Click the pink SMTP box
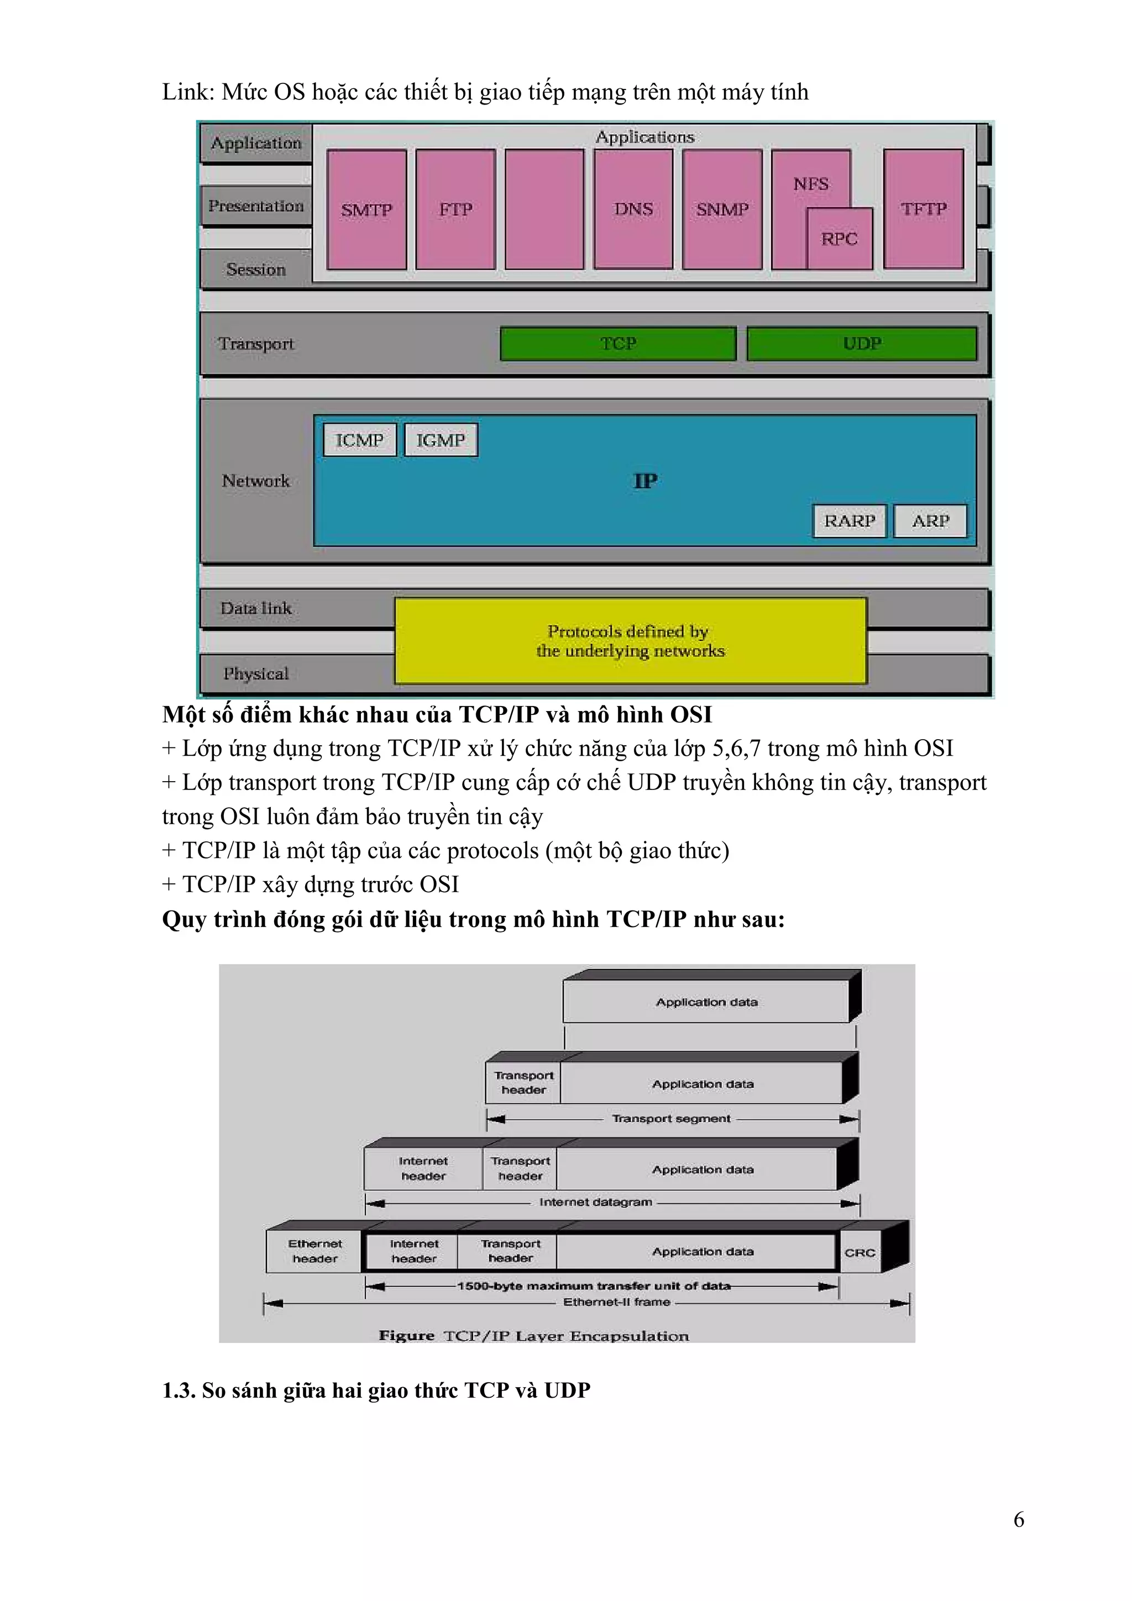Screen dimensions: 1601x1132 click(x=366, y=209)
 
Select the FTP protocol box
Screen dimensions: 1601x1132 click(x=455, y=209)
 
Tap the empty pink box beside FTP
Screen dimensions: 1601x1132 click(x=544, y=209)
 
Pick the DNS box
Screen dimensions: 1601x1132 click(x=633, y=209)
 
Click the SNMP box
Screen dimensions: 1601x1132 click(x=722, y=209)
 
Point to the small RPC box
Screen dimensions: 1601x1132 click(x=839, y=239)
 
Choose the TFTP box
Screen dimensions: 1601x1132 click(x=924, y=209)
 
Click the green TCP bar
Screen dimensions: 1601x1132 click(x=618, y=343)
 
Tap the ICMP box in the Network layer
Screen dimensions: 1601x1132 click(x=359, y=440)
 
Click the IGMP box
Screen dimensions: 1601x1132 click(x=440, y=440)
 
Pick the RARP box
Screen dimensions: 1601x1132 click(x=849, y=521)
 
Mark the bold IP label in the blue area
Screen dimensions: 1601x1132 click(x=645, y=481)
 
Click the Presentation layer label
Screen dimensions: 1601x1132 click(x=256, y=206)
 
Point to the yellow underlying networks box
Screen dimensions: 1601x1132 click(x=630, y=641)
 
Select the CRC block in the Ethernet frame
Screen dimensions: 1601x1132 click(x=860, y=1252)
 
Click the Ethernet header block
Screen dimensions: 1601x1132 click(x=315, y=1251)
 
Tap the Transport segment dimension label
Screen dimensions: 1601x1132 click(x=671, y=1119)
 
